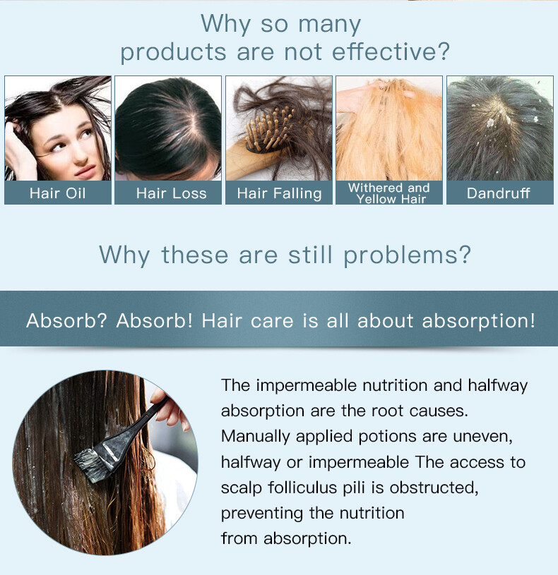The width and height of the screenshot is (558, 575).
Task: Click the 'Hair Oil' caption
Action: tap(58, 193)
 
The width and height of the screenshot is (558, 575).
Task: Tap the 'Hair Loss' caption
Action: tap(172, 193)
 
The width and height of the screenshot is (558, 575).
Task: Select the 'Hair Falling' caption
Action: tap(280, 193)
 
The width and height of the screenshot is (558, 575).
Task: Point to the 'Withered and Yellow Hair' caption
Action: tap(389, 193)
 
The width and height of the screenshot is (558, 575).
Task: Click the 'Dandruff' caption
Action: tap(499, 193)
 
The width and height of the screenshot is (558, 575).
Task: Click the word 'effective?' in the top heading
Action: tap(391, 52)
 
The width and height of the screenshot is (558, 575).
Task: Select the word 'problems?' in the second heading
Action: tap(407, 255)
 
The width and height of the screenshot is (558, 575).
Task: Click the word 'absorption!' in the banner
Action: tap(479, 321)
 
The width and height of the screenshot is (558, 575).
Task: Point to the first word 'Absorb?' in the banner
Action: tap(66, 320)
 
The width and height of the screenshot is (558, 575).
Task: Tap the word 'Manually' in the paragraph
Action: tap(256, 437)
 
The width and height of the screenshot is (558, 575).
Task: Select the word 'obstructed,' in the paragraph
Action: tap(434, 488)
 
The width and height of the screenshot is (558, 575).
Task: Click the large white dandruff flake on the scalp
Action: tap(490, 123)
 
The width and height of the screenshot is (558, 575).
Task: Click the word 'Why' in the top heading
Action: tap(226, 24)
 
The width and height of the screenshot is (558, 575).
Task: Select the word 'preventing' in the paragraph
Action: tap(262, 514)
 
